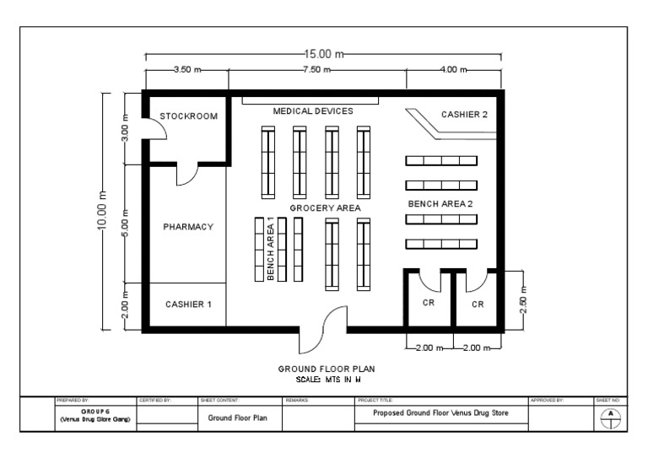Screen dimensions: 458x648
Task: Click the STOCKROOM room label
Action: [189, 116]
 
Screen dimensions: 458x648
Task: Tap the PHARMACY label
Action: [187, 227]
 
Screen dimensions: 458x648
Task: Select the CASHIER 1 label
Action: [188, 304]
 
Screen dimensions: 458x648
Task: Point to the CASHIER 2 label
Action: [464, 115]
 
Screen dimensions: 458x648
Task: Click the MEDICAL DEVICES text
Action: [312, 110]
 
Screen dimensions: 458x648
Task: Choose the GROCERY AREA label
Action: [325, 207]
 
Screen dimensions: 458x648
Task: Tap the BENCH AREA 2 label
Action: [441, 204]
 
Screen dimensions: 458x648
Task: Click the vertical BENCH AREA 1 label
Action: [271, 249]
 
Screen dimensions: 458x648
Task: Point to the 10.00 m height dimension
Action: [103, 211]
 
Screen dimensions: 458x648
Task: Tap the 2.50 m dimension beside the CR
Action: [523, 299]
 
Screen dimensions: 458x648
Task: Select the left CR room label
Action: [429, 304]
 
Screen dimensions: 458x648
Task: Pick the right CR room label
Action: [478, 304]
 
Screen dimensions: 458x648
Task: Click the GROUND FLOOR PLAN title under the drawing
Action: [326, 369]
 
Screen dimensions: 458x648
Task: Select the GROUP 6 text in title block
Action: [93, 411]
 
